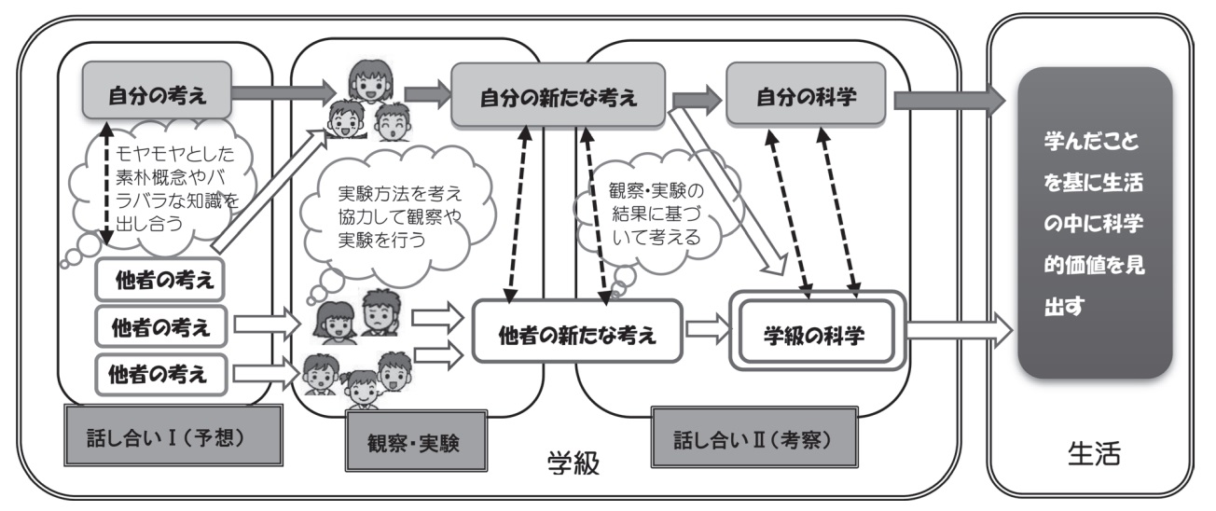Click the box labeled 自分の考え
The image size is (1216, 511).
[x=156, y=95]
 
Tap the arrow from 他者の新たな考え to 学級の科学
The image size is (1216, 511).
[x=707, y=329]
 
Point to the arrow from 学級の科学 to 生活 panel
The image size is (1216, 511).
[x=957, y=329]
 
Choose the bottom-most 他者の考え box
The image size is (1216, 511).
[x=159, y=376]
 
